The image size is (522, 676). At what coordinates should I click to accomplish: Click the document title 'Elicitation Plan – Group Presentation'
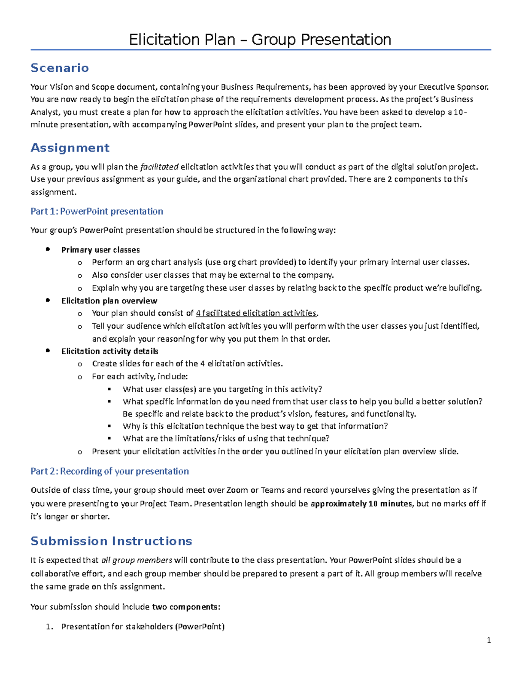[260, 40]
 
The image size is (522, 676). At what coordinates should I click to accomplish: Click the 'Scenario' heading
[60, 68]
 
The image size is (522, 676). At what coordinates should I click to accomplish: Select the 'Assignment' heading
[70, 148]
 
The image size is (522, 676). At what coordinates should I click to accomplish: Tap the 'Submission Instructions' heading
[111, 541]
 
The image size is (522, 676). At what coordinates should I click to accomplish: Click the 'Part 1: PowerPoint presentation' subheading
[97, 212]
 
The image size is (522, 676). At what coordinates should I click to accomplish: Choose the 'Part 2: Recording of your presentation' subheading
[110, 471]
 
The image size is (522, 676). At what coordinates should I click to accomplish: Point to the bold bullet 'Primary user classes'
[100, 250]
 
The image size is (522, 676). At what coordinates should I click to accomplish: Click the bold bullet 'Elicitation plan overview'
[109, 301]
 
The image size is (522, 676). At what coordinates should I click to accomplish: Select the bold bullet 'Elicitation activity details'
[110, 351]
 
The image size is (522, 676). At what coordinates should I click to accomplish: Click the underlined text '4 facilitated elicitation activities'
[256, 313]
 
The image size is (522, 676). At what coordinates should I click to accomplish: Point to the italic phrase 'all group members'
[137, 560]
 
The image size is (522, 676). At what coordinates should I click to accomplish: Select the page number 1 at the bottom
[489, 640]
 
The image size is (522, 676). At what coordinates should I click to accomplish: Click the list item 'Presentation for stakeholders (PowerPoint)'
[143, 627]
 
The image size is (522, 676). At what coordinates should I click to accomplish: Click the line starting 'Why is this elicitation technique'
[255, 426]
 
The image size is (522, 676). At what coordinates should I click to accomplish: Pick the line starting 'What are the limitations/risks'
[226, 438]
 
